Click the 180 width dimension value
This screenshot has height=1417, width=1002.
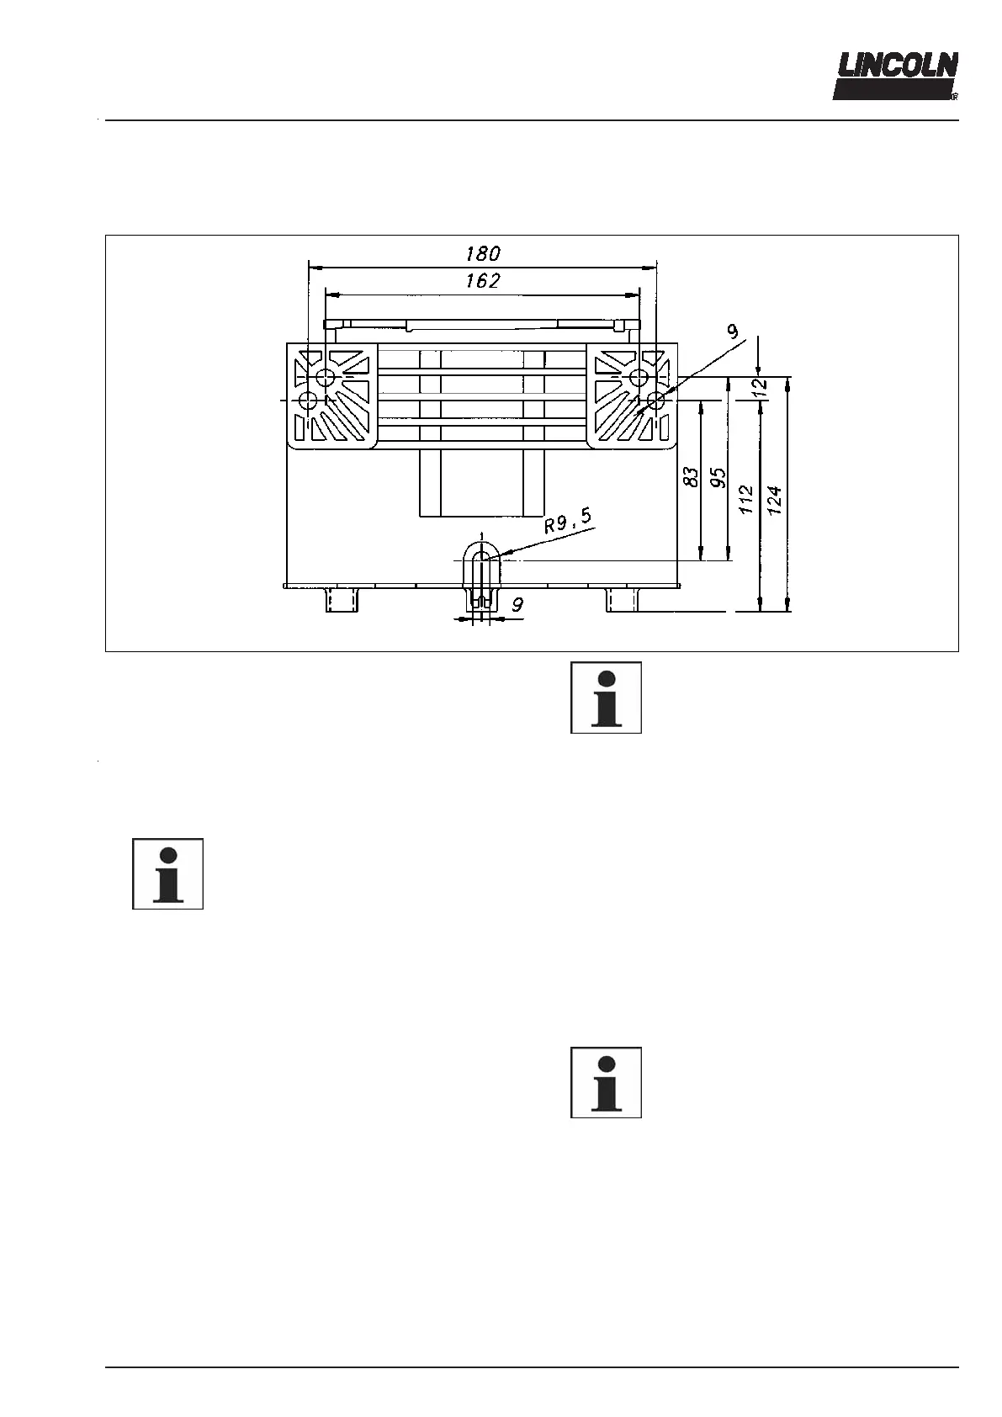[x=483, y=253]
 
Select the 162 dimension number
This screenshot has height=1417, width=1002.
[x=483, y=281]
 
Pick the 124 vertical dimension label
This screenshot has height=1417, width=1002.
[x=776, y=500]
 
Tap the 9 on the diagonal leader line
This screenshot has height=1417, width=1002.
[x=733, y=332]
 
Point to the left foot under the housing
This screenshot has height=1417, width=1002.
[x=342, y=600]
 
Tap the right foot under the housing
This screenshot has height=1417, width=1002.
[x=623, y=600]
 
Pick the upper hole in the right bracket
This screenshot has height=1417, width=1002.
[x=639, y=375]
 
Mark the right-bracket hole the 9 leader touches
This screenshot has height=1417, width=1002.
[x=655, y=401]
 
